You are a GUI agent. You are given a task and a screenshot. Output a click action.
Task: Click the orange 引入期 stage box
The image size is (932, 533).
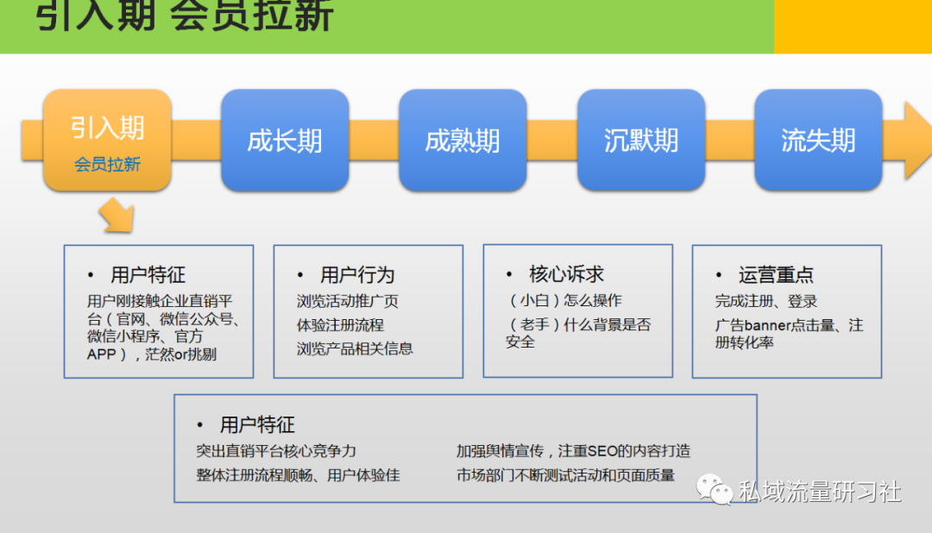coord(108,141)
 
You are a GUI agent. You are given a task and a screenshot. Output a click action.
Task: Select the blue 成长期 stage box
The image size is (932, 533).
coord(285,141)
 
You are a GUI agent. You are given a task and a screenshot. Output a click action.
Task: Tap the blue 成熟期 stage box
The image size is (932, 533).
coord(463,141)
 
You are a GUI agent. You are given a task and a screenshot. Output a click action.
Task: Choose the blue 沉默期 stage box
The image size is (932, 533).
coord(640,141)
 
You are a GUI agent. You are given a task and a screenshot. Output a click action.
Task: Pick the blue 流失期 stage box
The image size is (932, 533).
coord(818,141)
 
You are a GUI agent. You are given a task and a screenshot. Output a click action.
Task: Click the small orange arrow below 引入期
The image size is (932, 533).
coord(117,215)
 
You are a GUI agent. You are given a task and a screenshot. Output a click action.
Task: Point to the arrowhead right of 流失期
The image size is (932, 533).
coord(917,141)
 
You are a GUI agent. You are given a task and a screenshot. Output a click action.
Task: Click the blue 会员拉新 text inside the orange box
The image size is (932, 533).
coord(108,165)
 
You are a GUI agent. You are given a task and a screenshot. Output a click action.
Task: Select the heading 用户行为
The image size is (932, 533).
coord(357,275)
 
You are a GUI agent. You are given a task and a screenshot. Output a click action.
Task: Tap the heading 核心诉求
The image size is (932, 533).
coord(566,274)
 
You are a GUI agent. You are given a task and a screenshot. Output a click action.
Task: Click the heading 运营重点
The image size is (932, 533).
coord(776,275)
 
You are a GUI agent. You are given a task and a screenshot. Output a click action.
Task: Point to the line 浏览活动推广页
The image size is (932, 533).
coord(347,301)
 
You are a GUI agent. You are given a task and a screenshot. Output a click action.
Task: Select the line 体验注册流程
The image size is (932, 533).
coord(340,325)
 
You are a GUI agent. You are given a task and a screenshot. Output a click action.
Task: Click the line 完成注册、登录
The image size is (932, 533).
coord(766,301)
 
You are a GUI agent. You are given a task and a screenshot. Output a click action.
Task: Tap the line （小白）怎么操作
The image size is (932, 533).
coord(564,300)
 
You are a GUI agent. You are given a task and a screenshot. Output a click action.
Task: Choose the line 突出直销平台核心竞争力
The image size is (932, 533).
coord(276,451)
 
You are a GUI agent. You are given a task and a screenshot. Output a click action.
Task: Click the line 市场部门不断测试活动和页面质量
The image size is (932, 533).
coord(565,475)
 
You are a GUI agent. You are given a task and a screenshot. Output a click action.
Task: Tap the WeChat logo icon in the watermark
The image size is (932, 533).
coord(715,490)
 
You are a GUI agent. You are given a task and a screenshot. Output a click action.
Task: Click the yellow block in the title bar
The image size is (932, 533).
coord(853,27)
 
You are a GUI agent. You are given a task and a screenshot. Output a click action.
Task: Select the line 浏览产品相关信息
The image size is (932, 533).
coord(355,348)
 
